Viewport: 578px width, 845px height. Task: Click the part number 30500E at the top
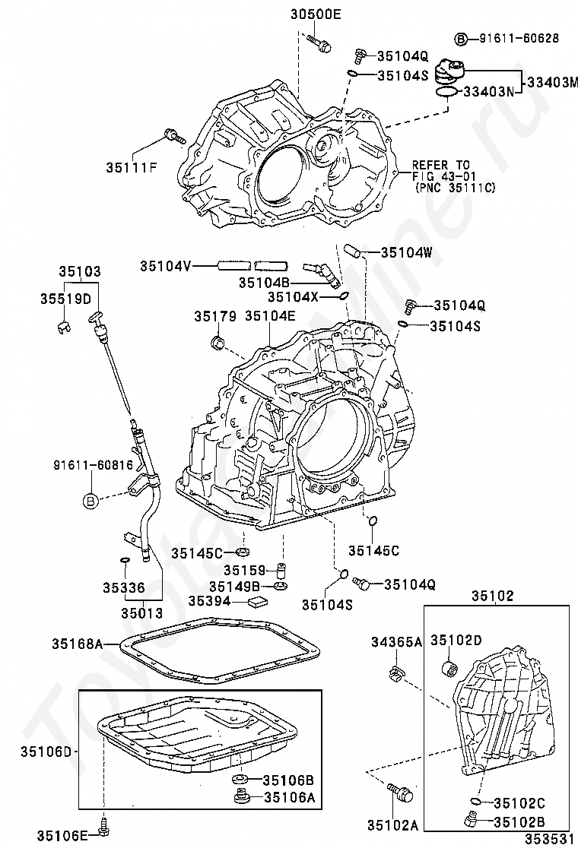[316, 14]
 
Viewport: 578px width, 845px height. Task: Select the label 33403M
[552, 83]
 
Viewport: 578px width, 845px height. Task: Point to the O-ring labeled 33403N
[446, 93]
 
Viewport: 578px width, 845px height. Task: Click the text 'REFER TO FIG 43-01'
[441, 170]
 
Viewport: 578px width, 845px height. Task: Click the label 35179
[215, 316]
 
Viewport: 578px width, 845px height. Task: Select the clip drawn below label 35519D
[64, 327]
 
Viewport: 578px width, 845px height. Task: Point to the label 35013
[141, 612]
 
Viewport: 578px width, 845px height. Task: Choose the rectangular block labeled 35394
[259, 602]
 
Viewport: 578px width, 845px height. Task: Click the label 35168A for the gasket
[77, 644]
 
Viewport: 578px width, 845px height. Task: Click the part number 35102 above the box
[493, 596]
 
